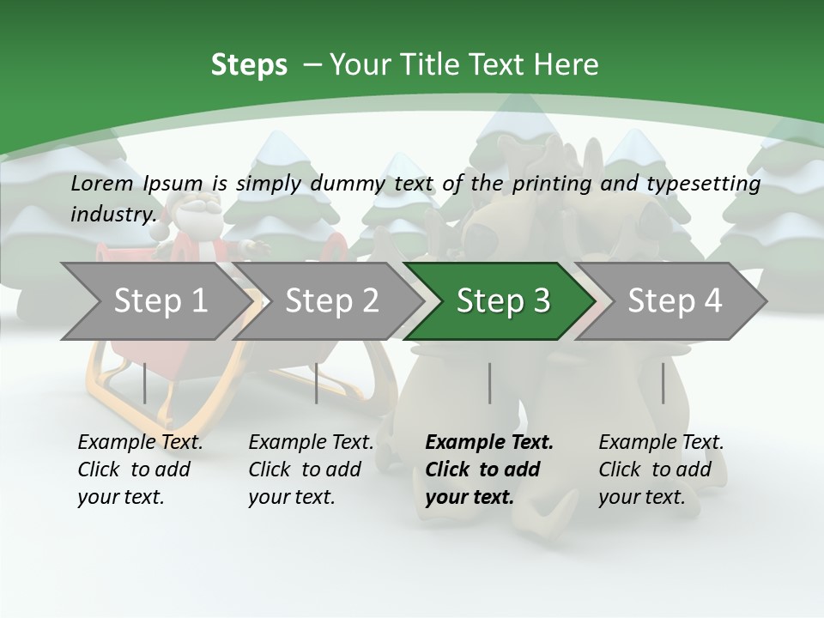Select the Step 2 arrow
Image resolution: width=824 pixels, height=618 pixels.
click(x=331, y=301)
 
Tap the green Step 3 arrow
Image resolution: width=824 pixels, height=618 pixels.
click(x=503, y=301)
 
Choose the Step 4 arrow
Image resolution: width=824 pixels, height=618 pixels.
click(x=675, y=301)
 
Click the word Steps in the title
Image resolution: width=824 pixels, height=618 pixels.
click(x=249, y=65)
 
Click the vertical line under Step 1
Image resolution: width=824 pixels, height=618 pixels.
click(x=144, y=383)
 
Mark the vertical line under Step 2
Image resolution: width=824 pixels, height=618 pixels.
click(x=317, y=383)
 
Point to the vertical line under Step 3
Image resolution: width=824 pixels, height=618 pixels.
click(x=489, y=383)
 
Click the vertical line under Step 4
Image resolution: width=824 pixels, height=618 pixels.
click(x=663, y=383)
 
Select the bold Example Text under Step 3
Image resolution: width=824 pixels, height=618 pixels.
click(x=489, y=443)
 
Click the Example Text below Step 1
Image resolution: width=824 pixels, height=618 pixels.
click(x=140, y=443)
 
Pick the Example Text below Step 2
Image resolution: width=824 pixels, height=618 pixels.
click(x=311, y=443)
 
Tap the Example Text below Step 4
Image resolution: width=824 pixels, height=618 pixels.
click(x=661, y=443)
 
